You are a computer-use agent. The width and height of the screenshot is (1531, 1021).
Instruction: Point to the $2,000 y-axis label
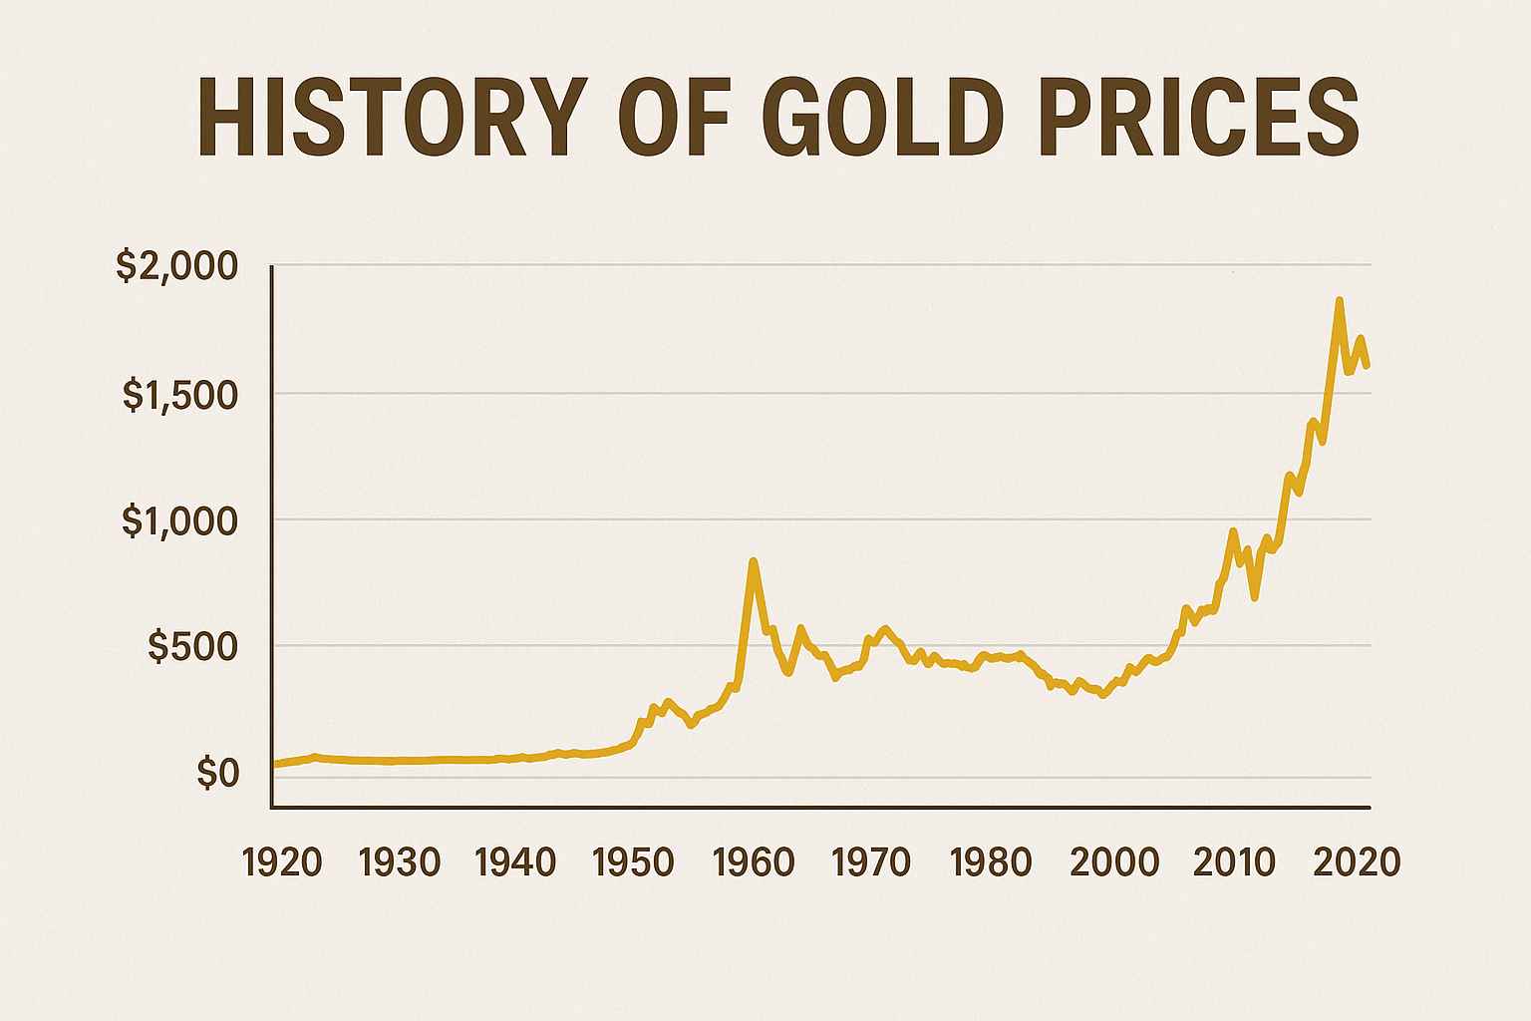(177, 266)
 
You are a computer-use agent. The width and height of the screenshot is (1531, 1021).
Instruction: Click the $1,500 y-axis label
(180, 396)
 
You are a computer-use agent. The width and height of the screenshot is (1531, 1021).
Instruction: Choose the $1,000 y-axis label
(180, 521)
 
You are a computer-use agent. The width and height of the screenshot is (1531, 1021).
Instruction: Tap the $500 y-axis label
(193, 648)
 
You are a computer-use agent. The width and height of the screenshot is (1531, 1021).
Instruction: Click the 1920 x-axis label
(282, 862)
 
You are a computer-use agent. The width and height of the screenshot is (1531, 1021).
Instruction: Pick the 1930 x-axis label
(399, 862)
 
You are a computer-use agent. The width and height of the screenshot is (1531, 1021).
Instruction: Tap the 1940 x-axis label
(515, 862)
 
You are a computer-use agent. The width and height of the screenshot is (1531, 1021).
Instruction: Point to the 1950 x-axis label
(633, 862)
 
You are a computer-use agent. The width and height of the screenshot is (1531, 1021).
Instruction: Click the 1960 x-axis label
(753, 862)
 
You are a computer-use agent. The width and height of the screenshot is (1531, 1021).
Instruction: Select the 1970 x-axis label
(871, 862)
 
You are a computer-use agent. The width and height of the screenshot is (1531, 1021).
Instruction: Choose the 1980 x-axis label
(990, 862)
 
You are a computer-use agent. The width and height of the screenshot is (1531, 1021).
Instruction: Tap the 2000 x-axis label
(1114, 862)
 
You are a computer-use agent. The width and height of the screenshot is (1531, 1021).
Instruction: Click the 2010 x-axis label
(1234, 862)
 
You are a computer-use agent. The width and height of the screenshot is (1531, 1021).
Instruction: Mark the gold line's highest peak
(1339, 300)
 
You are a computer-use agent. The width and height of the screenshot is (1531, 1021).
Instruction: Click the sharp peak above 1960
(754, 561)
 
